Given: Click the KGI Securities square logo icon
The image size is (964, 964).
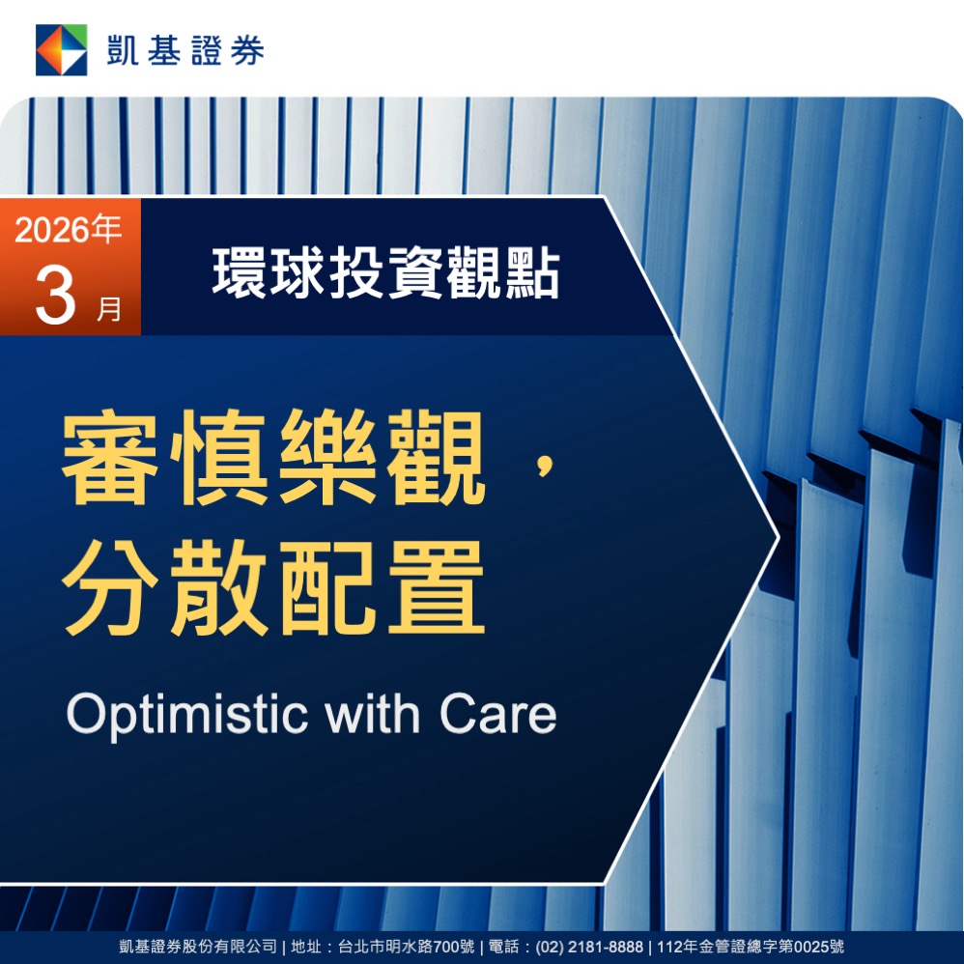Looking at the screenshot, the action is tap(62, 50).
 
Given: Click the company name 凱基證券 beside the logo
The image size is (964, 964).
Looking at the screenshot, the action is tap(185, 50).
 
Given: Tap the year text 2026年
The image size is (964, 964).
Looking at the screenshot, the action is tap(69, 230).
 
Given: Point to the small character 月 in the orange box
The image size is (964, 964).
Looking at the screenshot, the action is tap(109, 308).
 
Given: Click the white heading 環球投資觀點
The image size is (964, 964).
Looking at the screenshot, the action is tap(386, 273).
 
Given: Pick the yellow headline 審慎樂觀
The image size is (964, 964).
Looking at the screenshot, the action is tap(274, 457).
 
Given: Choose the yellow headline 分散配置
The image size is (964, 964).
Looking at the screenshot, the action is tap(274, 587).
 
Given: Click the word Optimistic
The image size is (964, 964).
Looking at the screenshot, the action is tap(186, 715).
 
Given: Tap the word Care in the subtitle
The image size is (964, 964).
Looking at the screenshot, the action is tap(498, 714).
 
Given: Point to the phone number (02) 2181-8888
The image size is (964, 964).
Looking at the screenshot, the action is tap(589, 947).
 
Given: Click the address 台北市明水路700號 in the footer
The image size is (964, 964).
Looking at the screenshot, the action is tap(407, 947).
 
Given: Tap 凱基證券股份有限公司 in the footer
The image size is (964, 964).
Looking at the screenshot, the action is tap(198, 947).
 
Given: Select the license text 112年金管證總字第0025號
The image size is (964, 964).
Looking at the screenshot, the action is tap(751, 947).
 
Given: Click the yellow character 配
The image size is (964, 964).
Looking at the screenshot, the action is tap(328, 587).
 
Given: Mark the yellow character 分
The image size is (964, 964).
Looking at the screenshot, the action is tap(111, 587).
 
